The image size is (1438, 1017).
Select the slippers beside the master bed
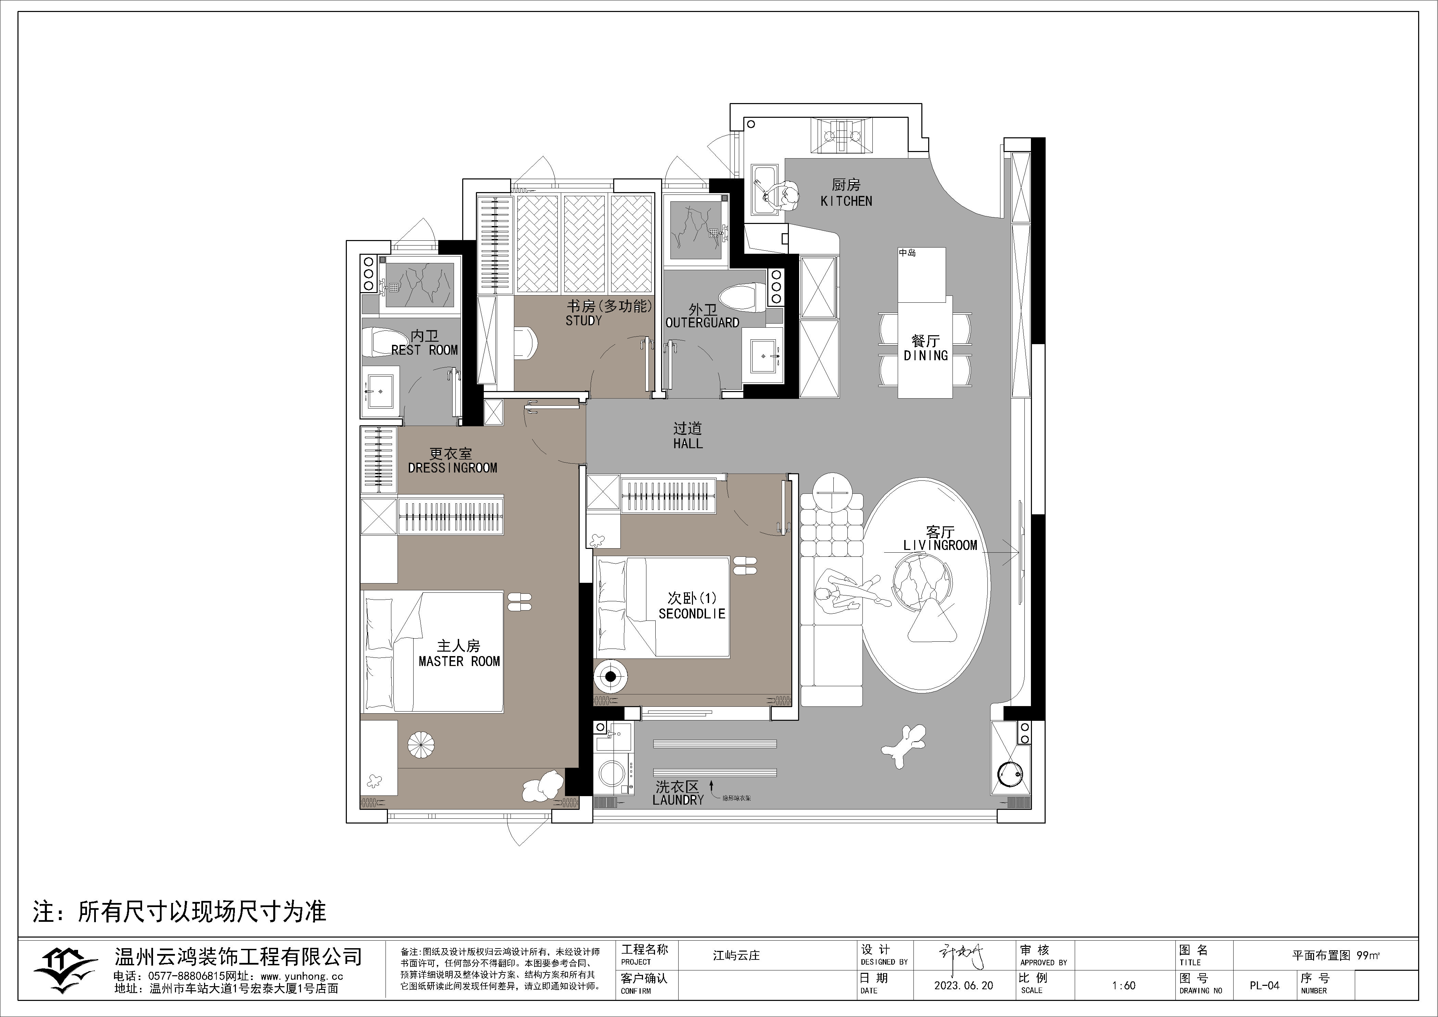(519, 602)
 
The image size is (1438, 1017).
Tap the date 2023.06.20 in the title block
(963, 985)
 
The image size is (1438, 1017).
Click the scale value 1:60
(1124, 985)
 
